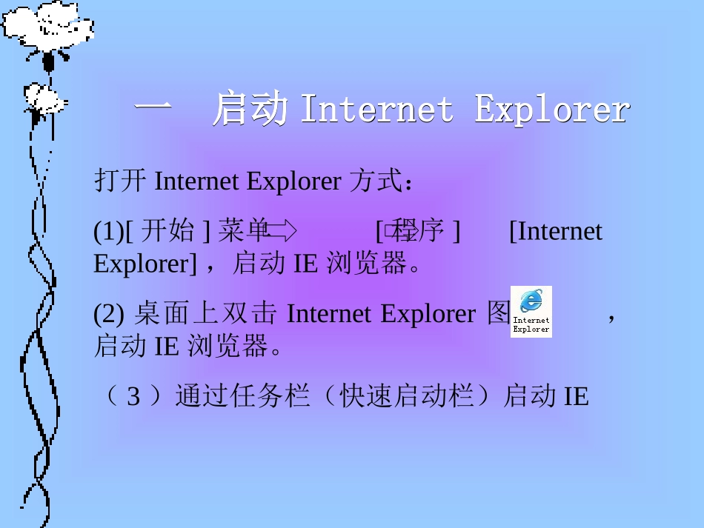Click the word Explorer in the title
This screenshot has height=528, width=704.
click(552, 110)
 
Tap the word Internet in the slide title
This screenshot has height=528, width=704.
click(376, 110)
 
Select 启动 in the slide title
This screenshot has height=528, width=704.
click(250, 110)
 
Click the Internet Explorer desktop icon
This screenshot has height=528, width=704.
click(531, 312)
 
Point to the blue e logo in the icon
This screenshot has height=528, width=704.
click(531, 301)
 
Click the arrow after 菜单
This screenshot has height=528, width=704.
click(282, 232)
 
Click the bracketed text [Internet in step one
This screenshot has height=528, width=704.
click(556, 232)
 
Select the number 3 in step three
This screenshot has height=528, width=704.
click(133, 397)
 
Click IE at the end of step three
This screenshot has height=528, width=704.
click(576, 397)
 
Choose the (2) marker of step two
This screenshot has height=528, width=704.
click(108, 314)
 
